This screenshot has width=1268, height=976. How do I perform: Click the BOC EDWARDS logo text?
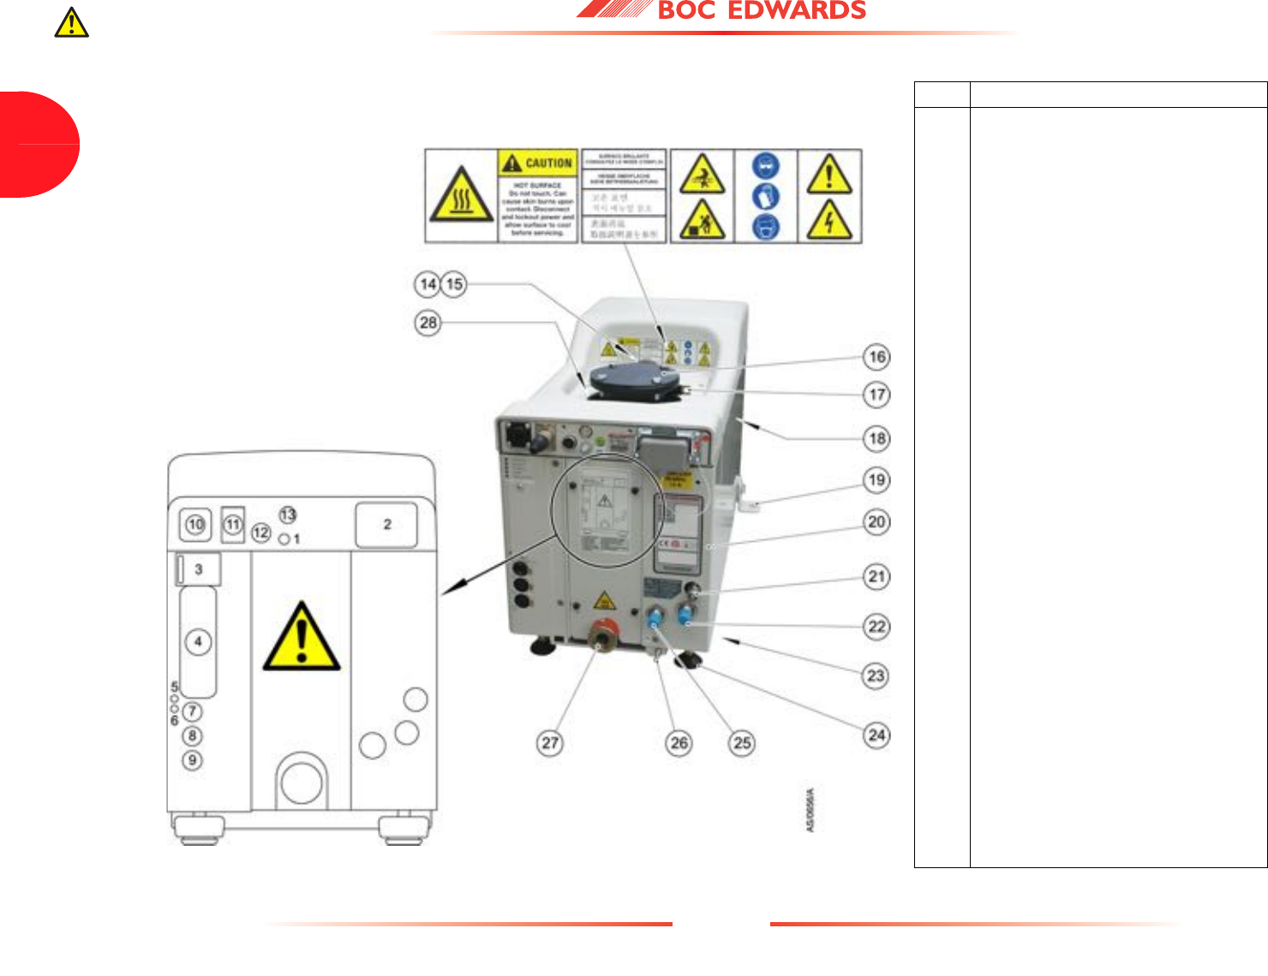point(761,10)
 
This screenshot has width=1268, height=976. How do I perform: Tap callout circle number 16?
point(876,357)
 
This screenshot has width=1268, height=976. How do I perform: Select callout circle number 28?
point(428,323)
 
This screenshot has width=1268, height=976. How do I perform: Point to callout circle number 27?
point(550,743)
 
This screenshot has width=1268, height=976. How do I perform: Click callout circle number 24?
point(876,735)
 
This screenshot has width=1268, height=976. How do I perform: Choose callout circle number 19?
point(876,480)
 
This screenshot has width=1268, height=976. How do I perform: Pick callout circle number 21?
point(876,576)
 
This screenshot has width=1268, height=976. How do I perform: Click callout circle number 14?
point(428,283)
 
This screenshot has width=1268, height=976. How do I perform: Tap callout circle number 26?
point(679,743)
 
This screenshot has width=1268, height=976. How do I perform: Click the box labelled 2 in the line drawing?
point(386,525)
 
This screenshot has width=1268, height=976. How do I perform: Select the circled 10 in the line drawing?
point(195,525)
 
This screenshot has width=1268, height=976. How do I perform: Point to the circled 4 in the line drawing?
point(198,641)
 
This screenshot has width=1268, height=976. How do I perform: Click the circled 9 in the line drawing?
point(193,760)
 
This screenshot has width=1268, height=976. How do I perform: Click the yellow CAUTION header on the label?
point(538,163)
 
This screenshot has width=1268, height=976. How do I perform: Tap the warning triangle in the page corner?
point(72,22)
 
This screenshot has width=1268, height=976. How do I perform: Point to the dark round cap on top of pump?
point(635,379)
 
